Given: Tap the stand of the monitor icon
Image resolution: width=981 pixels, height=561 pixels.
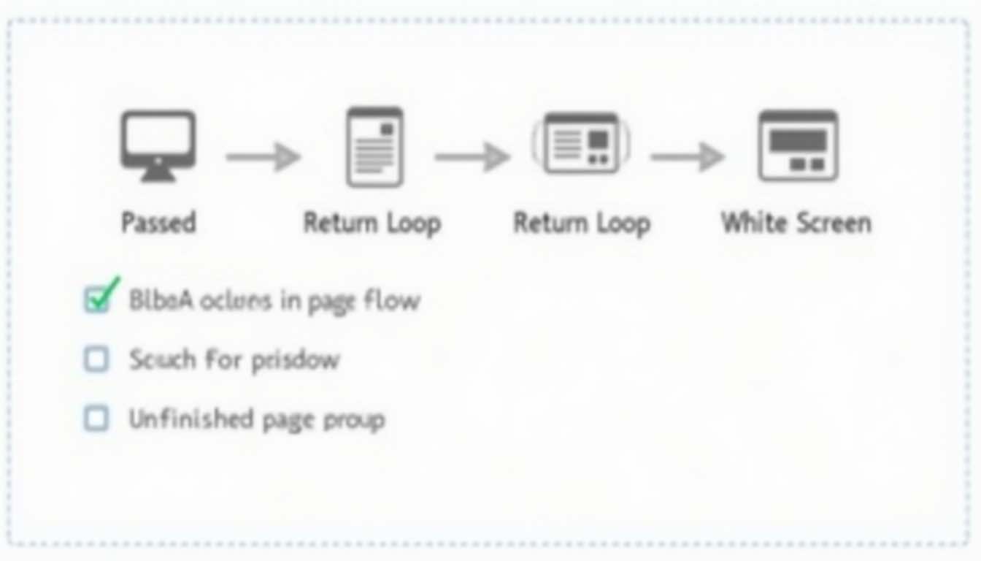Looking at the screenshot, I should tap(158, 174).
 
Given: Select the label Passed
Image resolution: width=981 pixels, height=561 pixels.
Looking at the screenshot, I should tap(158, 222).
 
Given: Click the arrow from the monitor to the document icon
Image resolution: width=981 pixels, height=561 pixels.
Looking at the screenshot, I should tap(263, 156).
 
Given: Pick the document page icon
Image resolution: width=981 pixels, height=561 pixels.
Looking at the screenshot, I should tap(374, 147).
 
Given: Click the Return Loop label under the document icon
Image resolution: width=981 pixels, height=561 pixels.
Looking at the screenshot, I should tap(372, 223).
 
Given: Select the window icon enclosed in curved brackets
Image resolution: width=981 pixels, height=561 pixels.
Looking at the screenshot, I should tap(581, 143).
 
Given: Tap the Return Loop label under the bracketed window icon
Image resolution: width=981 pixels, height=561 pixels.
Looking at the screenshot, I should tap(582, 223).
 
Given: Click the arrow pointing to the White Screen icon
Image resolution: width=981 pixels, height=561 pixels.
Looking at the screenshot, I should tap(687, 156).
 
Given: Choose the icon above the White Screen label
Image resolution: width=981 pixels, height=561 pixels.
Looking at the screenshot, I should tap(797, 145).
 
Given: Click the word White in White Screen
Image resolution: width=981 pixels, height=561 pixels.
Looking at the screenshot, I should tap(753, 222).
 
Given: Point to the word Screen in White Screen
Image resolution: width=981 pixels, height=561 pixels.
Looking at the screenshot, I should tap(831, 222).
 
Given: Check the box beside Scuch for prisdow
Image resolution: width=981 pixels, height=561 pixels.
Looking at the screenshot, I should tap(96, 359).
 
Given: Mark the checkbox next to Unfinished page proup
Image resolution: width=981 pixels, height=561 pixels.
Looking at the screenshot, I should tap(96, 419).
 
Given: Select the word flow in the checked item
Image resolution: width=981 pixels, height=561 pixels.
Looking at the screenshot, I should tap(393, 300).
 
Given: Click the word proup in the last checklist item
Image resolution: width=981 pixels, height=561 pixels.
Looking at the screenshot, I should tap(355, 420).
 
